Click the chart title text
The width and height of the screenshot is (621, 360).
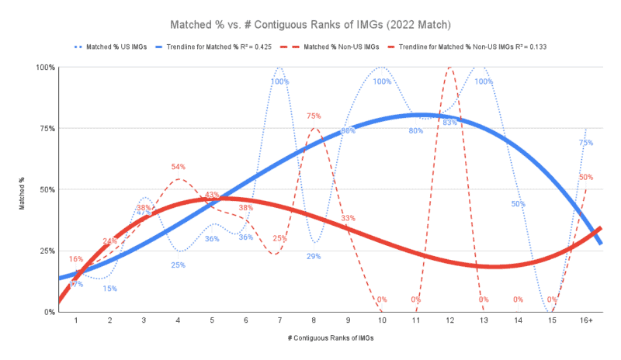310,26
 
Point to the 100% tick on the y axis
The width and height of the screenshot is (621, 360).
45,67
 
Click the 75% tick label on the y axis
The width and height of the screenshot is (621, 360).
47,129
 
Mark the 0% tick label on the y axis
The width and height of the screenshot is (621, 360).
48,312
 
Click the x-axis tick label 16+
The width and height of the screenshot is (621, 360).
586,320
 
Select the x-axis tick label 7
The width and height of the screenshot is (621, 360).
279,320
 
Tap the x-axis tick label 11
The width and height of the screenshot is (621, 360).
416,320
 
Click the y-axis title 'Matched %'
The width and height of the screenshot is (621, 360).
23,190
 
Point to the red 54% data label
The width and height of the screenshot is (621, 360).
178,167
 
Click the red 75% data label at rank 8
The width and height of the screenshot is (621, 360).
314,116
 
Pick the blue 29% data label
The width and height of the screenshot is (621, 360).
314,256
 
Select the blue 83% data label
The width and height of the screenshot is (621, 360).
449,123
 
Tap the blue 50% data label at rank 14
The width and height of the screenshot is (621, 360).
519,204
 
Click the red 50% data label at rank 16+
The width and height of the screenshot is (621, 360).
586,177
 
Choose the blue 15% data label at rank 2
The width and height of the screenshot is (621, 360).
110,289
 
